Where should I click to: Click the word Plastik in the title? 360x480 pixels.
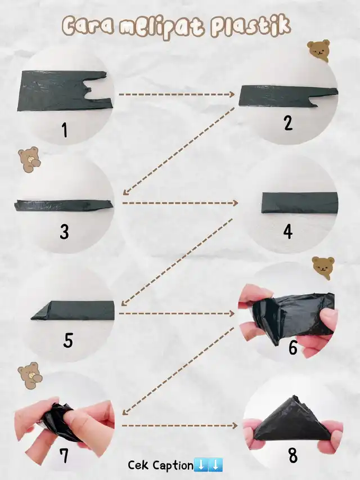[250, 26]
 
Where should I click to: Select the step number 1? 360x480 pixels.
[65, 129]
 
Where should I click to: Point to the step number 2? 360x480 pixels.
[288, 123]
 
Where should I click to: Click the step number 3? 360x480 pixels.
[64, 232]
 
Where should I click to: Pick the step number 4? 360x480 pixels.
[288, 232]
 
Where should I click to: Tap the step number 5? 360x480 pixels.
[68, 340]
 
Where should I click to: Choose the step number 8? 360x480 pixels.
[293, 455]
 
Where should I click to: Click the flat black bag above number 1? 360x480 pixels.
[65, 91]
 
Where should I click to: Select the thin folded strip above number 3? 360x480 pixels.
[63, 205]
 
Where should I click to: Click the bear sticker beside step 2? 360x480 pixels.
[319, 50]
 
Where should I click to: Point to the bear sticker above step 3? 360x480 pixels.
[29, 159]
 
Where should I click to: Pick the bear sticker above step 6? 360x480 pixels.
[323, 268]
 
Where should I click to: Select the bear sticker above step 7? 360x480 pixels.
[29, 375]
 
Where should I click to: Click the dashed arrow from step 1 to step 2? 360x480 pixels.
[177, 95]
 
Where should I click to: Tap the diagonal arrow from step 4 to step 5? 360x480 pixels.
[177, 262]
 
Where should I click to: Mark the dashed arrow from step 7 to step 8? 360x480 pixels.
[179, 425]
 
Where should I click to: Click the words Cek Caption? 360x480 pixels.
[160, 465]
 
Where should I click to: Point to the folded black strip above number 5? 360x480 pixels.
[73, 311]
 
